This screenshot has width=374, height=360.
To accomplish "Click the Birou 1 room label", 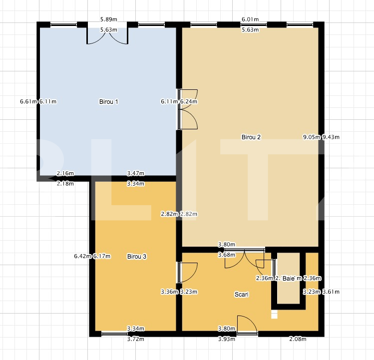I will tap(109, 102).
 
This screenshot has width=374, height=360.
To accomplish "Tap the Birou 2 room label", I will tap(251, 137).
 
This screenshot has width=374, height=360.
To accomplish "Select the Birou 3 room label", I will tap(137, 257).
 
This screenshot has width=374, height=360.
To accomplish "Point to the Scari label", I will tap(242, 295).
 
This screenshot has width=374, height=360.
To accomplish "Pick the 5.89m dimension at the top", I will tap(108, 19).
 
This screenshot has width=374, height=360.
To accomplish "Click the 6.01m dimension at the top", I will tap(250, 19).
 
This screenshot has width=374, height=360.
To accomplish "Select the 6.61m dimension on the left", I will tap(28, 102).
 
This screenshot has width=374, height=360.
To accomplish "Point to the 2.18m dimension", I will tap(65, 183).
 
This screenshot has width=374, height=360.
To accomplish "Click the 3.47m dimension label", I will tap(136, 173).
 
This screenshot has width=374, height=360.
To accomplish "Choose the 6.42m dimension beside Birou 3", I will tap(82, 257).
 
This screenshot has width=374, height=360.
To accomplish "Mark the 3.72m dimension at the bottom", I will tap(136, 340).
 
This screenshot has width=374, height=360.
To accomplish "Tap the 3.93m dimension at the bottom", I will tap(227, 340).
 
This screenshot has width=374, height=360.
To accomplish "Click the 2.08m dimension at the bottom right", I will tap(298, 340).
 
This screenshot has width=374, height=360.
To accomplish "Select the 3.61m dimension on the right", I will tap(331, 292).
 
